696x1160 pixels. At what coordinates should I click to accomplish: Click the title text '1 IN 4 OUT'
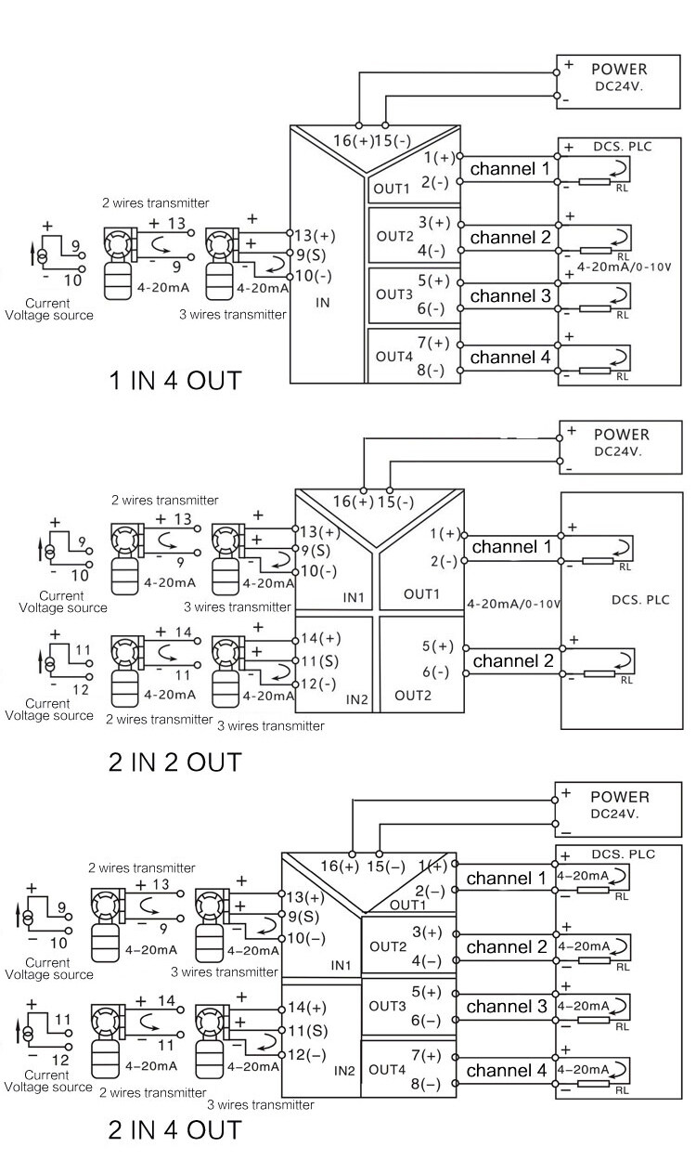(175, 380)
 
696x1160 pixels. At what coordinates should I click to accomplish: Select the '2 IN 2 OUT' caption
(175, 762)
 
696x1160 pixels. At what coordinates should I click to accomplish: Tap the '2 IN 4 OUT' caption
(175, 1129)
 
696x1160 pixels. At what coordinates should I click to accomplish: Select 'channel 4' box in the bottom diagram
(506, 1070)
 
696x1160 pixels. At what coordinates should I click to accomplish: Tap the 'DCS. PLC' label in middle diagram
(638, 600)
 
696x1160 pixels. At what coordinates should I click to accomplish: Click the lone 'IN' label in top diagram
(323, 303)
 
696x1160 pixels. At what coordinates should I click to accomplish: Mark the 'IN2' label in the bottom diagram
(344, 1070)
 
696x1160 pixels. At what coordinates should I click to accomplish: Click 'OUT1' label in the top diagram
(391, 189)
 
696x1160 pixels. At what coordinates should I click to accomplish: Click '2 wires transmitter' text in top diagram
(156, 203)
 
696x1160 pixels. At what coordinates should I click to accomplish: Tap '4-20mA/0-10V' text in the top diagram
(624, 267)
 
